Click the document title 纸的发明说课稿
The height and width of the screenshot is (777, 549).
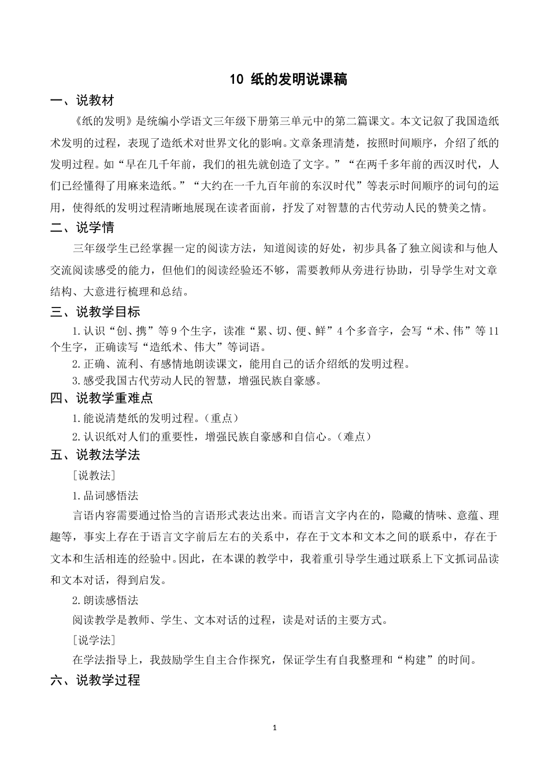(x=298, y=80)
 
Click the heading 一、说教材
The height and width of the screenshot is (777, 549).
(x=82, y=101)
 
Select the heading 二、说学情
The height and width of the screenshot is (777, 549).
(x=82, y=228)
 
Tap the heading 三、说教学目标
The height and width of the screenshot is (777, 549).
(x=95, y=312)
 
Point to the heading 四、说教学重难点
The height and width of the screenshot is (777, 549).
(x=101, y=398)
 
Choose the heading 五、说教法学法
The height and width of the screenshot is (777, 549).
(x=95, y=455)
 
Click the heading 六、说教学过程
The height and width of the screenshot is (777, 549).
(x=95, y=680)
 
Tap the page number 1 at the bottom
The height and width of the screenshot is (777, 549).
(x=274, y=728)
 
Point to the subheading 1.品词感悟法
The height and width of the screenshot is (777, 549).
(x=105, y=496)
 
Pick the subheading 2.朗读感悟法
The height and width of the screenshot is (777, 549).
(x=105, y=601)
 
